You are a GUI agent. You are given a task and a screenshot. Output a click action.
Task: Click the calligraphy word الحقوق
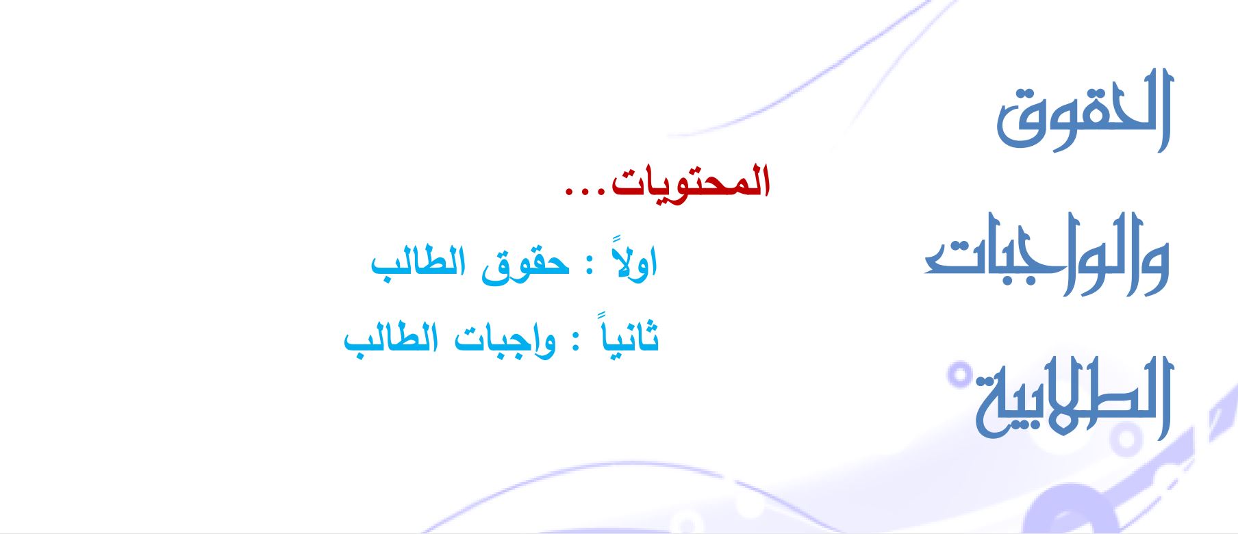1085,110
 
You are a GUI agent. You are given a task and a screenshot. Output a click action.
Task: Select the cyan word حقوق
525,264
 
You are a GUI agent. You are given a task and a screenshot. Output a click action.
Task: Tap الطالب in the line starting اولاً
418,263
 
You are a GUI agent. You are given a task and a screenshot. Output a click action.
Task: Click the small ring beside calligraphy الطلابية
961,374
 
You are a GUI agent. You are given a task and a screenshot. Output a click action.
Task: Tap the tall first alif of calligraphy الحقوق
1163,110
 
